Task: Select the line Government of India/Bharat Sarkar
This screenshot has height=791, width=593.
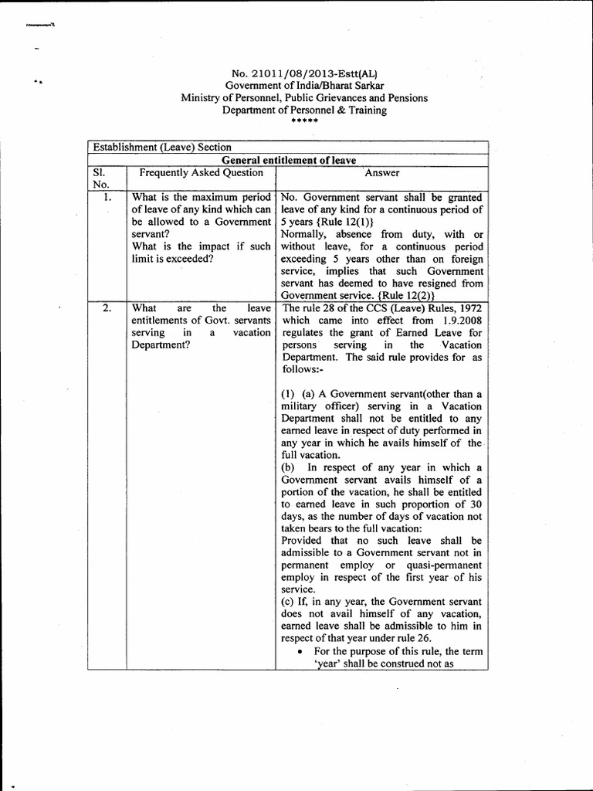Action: tap(304, 86)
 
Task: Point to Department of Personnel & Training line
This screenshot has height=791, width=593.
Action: tap(304, 110)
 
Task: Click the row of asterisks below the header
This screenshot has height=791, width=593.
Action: tap(303, 121)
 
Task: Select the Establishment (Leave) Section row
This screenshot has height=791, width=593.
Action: tap(162, 148)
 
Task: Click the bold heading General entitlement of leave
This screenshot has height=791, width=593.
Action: tap(288, 160)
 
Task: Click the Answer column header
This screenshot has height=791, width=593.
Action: tap(381, 173)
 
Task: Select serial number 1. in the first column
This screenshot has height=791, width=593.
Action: tap(108, 198)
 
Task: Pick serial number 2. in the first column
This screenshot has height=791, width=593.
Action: tap(108, 308)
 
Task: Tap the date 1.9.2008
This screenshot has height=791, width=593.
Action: tap(461, 321)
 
